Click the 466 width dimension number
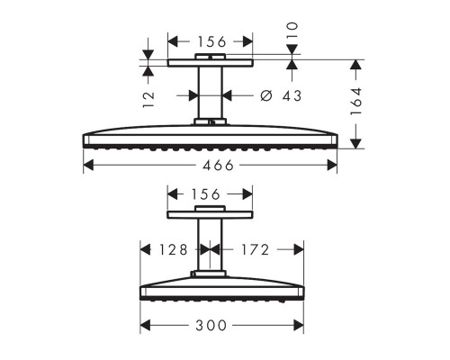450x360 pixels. coord(218,166)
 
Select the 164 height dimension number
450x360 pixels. coord(356,101)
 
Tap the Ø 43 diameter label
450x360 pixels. coord(281,95)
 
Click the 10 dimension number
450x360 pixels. coord(292,30)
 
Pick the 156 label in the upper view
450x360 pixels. coord(211,41)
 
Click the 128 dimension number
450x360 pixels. coord(173,249)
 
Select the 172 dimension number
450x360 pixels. coord(256,249)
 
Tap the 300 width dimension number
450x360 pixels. coord(211,326)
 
